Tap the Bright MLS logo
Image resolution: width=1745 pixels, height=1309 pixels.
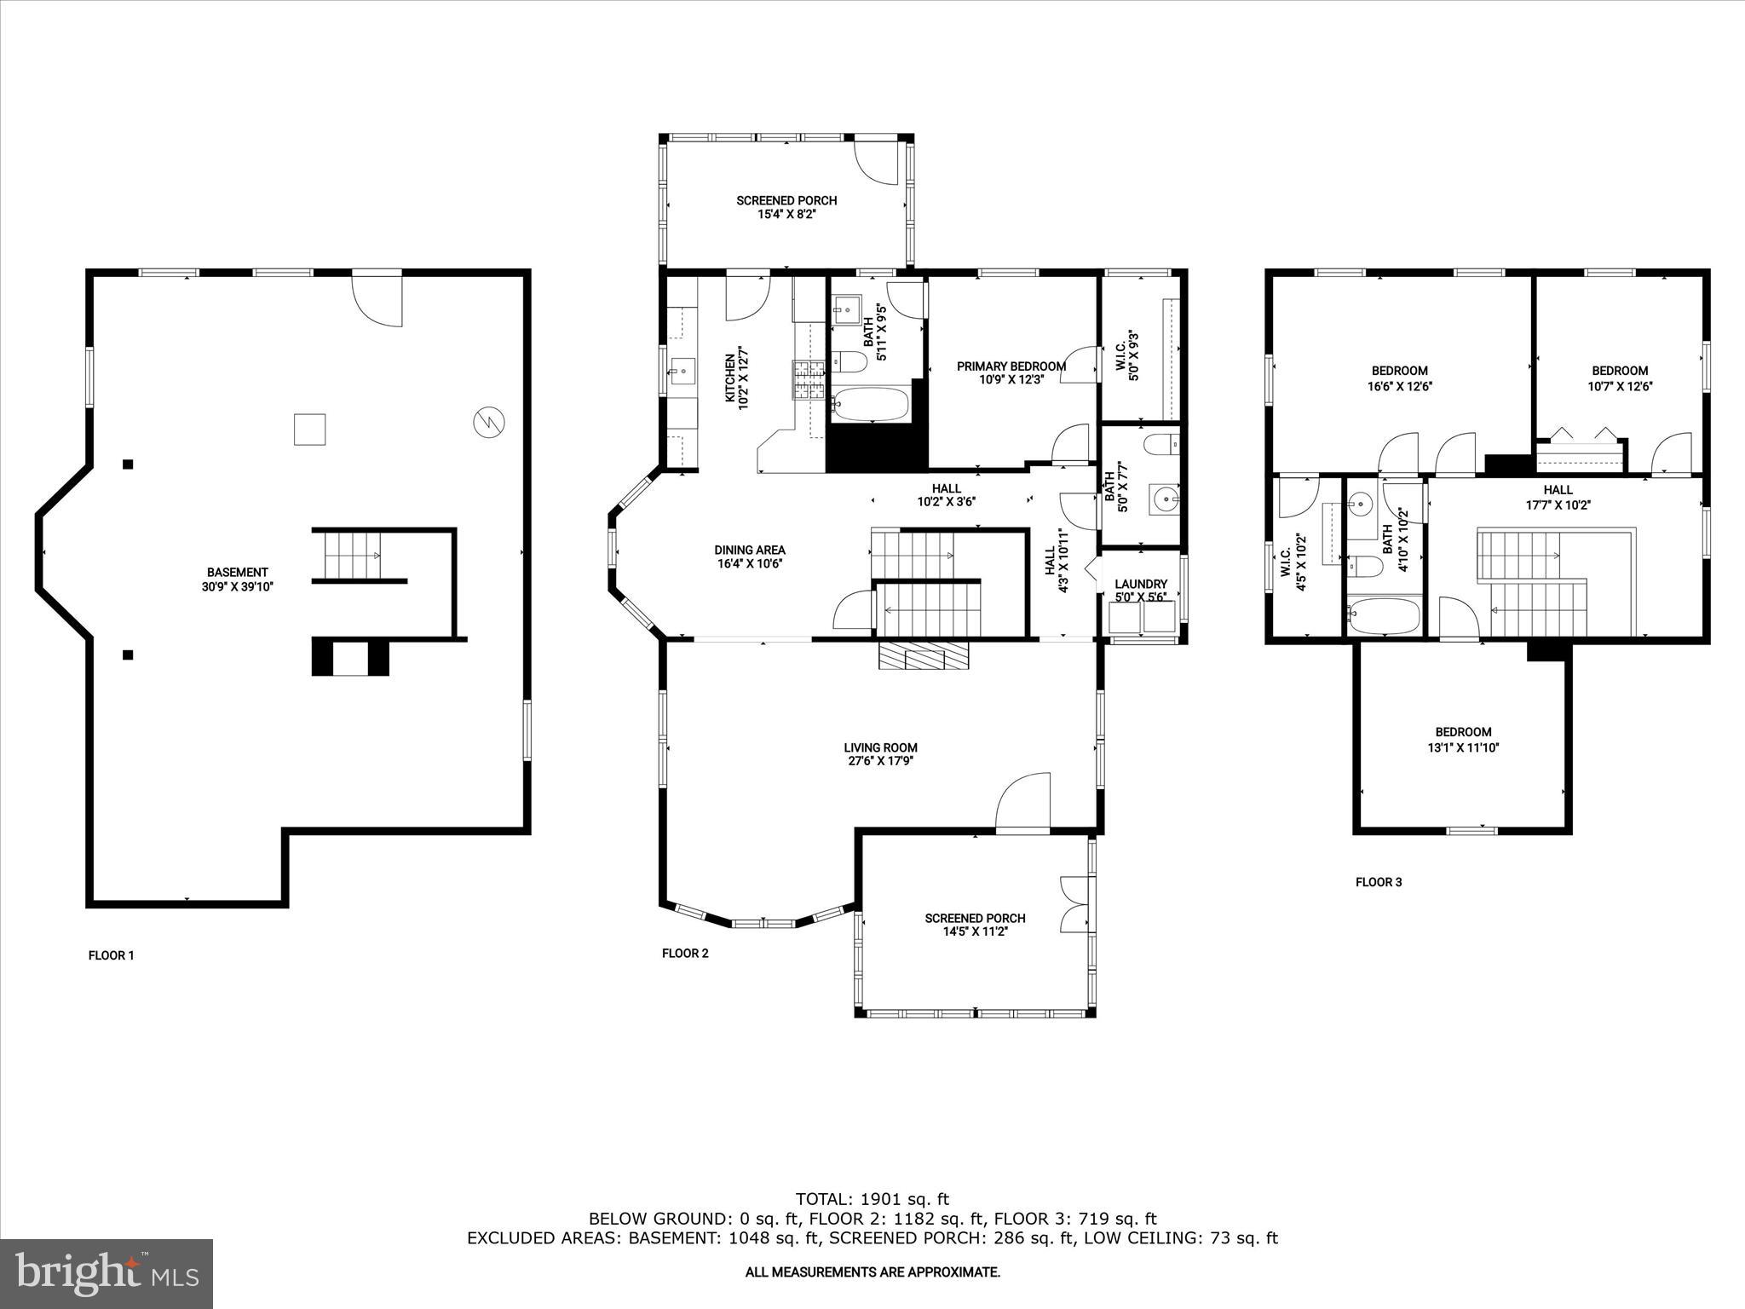pos(107,1273)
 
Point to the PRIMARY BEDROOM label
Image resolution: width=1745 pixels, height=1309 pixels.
pos(1011,366)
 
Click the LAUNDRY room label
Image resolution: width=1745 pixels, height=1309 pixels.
pos(1141,584)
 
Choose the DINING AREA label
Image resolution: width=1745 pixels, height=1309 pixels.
pos(749,550)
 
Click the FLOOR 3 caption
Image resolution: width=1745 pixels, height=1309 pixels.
pos(1378,882)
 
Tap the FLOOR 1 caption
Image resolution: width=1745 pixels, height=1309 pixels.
pos(112,955)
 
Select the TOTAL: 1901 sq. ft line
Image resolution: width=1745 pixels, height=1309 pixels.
pos(872,1199)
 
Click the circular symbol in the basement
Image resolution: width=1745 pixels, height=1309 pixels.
pos(489,422)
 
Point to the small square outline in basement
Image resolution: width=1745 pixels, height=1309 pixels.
pos(309,429)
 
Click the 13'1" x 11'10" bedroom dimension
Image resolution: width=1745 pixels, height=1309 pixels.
pos(1463,747)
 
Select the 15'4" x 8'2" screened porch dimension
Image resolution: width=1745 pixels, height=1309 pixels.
pos(786,215)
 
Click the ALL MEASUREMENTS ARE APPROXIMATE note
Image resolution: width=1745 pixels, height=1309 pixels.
pos(872,1272)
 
